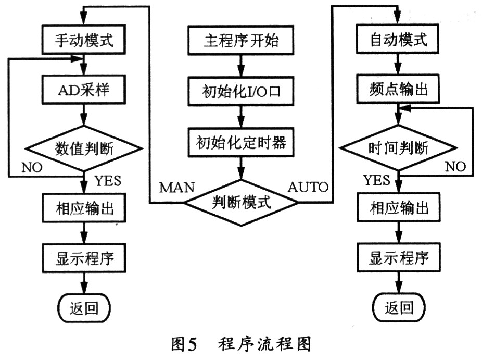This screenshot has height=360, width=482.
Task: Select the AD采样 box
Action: [x=84, y=91]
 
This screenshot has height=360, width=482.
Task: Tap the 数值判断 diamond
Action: [x=84, y=148]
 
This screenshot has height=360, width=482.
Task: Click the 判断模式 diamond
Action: [x=240, y=201]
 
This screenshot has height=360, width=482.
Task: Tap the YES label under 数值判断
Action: [x=108, y=181]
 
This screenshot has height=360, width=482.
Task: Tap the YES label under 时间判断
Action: [x=376, y=180]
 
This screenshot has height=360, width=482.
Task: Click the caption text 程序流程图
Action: [x=265, y=345]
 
